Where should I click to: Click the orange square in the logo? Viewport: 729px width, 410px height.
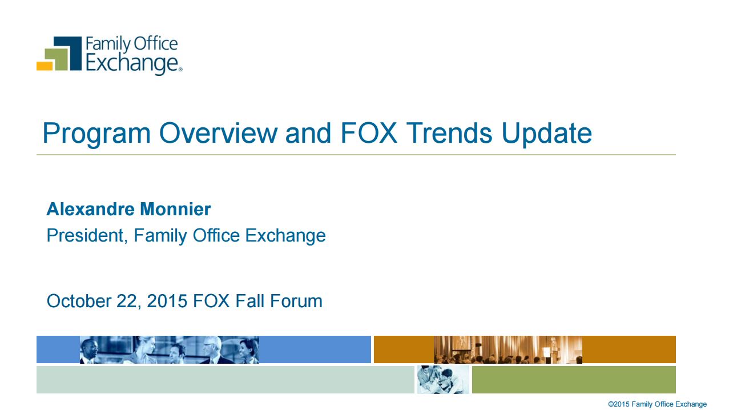point(45,66)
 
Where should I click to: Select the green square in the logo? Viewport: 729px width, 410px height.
point(57,59)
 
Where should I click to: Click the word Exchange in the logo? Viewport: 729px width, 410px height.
point(132,64)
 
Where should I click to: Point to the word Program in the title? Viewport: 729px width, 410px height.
point(96,134)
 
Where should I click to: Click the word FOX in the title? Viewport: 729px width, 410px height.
point(369,133)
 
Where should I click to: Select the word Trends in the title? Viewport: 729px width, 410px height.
point(449,133)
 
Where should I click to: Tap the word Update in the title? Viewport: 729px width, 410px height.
point(547,134)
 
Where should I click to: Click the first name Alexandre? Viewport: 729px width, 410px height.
point(90,209)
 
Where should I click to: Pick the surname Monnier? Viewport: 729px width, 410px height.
point(175,209)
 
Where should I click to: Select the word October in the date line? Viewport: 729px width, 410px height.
point(79,301)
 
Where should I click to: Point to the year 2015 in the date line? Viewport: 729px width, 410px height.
point(167,301)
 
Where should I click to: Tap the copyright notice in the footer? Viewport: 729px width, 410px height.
point(658,404)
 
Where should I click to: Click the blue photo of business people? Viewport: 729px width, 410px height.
point(170,349)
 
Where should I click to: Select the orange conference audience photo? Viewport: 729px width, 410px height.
point(508,349)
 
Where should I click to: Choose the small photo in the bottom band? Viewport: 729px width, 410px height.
point(443,380)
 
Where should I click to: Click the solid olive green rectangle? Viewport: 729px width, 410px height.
point(574,380)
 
